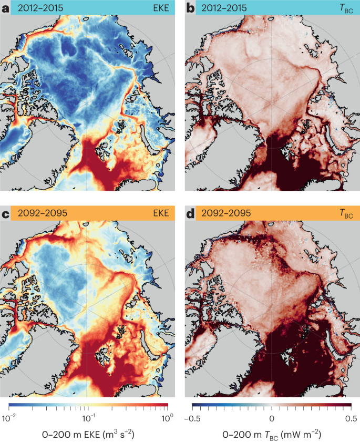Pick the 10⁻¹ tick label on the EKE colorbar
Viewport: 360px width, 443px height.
tap(88, 418)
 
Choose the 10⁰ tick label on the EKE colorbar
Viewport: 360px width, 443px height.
tap(167, 418)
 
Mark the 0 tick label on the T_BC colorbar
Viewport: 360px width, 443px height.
tap(272, 418)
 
